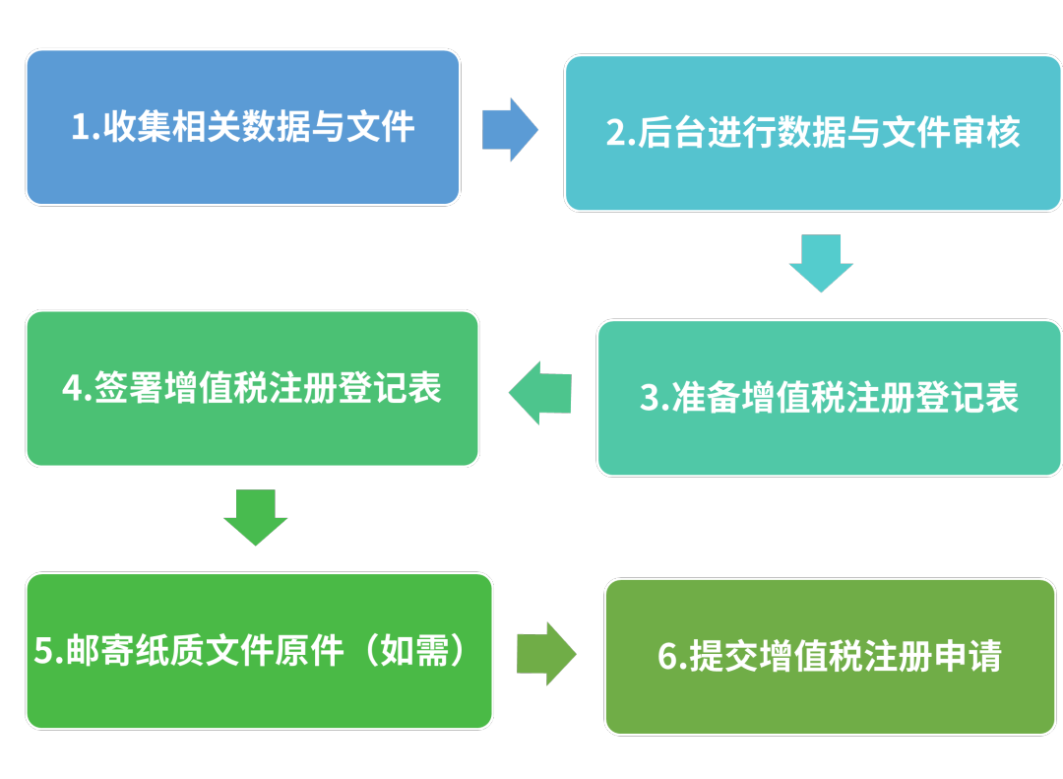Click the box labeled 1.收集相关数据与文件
[x=242, y=127]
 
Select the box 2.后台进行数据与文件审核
[x=812, y=132]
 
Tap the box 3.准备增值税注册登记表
[x=829, y=397]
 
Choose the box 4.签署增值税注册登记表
[x=252, y=387]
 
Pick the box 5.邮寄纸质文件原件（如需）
[x=258, y=651]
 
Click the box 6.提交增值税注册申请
[x=829, y=656]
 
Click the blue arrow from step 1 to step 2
[x=510, y=129]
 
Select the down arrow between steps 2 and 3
[x=820, y=262]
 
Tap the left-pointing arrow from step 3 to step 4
[x=540, y=393]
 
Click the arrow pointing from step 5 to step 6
[x=546, y=653]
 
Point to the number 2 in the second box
[x=615, y=133]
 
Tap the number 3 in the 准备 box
[x=650, y=398]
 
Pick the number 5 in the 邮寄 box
[x=43, y=652]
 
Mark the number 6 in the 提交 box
[x=667, y=657]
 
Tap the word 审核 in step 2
[x=986, y=132]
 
